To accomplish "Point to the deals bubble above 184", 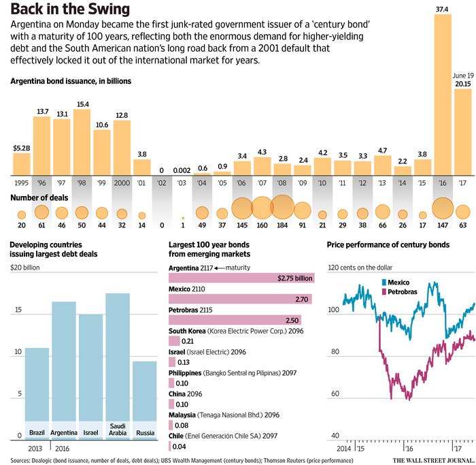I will click(282, 208).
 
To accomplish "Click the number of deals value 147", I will click(443, 224).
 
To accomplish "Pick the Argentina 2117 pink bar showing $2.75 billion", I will click(241, 278).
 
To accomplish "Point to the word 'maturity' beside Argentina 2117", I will click(240, 268).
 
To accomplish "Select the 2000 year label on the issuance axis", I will click(122, 183).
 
